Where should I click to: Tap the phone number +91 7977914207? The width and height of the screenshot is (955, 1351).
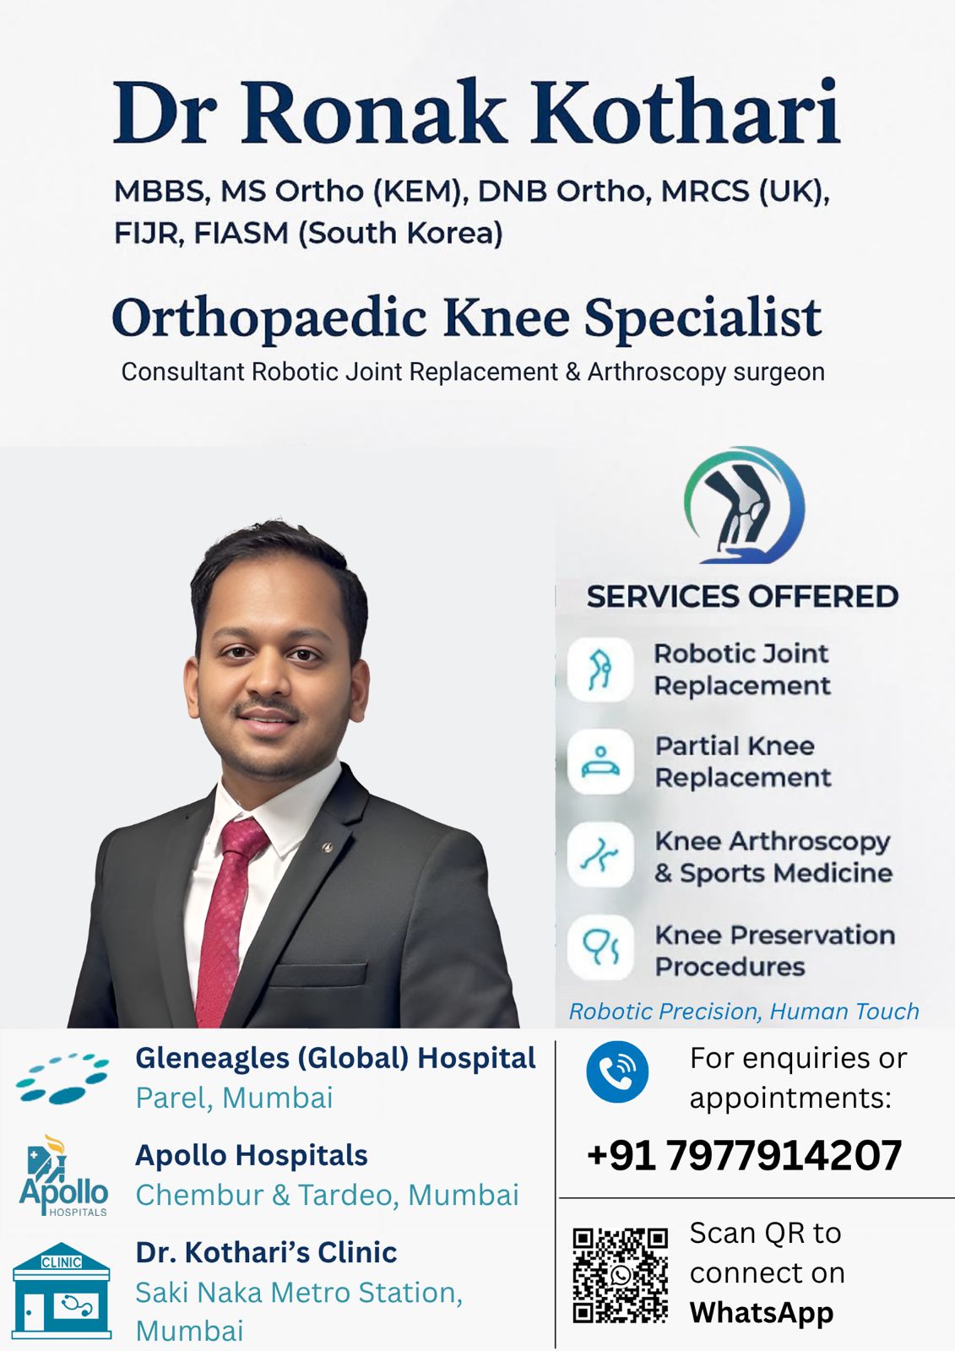(744, 1155)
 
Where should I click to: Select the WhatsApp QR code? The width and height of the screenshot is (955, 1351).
(620, 1275)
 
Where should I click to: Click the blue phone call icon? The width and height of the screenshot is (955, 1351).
(617, 1072)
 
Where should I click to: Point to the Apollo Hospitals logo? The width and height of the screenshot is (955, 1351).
(63, 1176)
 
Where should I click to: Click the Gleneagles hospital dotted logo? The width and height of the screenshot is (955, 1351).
(62, 1078)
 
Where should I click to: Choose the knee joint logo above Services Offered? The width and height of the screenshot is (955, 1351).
(744, 505)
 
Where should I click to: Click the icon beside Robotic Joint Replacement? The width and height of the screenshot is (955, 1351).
(600, 670)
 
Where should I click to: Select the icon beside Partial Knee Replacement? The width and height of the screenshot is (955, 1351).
(600, 761)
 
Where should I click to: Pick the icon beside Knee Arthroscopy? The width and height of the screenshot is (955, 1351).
(600, 855)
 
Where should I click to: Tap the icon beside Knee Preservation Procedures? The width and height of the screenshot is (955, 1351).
(600, 947)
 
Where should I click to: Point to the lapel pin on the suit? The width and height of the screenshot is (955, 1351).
(327, 847)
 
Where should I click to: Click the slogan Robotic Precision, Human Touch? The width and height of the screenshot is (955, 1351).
(744, 1012)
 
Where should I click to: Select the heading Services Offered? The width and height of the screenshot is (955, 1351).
(743, 596)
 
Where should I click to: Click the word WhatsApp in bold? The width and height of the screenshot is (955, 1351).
(762, 1312)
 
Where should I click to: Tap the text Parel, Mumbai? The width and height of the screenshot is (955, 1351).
(234, 1097)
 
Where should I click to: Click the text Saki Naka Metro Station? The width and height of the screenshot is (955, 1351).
(299, 1293)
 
